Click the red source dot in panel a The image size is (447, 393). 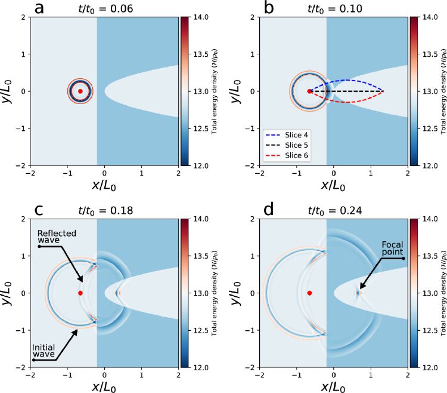[80, 91]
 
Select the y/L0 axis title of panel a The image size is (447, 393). [8, 91]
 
